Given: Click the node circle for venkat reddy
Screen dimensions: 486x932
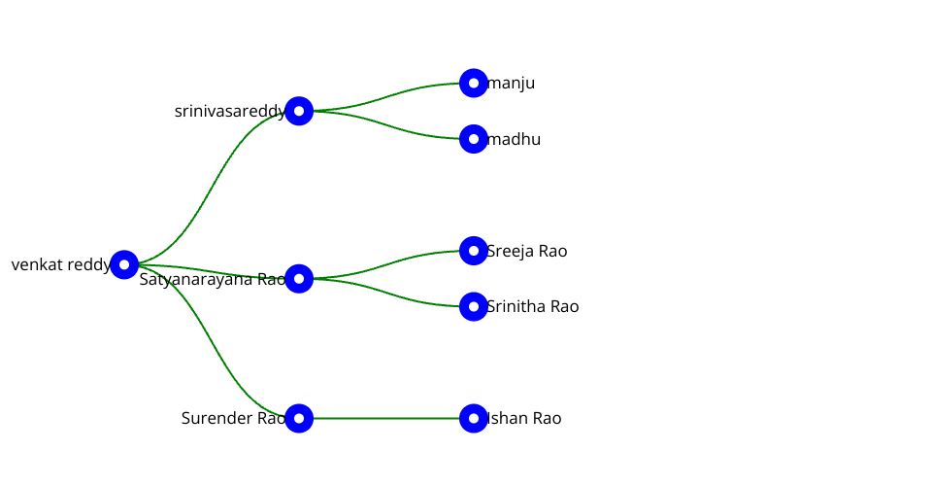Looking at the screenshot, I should click(x=124, y=264).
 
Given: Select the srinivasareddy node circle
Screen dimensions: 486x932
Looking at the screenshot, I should click(x=299, y=111).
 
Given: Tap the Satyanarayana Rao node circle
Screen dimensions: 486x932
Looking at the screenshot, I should click(x=299, y=279).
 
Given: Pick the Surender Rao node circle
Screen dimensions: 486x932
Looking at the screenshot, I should click(x=299, y=418).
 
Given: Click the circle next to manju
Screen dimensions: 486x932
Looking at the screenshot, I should click(x=473, y=84).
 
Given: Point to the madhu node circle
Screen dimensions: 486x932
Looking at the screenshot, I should click(x=473, y=139).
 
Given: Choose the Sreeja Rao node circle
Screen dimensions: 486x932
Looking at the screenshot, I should click(x=473, y=251).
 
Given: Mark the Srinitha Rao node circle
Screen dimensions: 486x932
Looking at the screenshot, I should click(x=473, y=306).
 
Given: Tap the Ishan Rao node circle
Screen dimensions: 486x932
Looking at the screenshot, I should click(x=473, y=418).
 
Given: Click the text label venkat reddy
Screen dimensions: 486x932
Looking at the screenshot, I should click(x=60, y=264).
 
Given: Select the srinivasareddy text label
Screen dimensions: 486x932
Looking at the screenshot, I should click(x=229, y=112).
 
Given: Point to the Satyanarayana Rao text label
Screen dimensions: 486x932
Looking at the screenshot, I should click(x=212, y=280).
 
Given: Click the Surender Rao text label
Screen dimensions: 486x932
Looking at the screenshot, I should click(x=233, y=418).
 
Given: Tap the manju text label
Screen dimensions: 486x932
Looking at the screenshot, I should click(x=512, y=84).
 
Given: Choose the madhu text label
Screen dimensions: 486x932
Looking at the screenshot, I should click(x=515, y=139).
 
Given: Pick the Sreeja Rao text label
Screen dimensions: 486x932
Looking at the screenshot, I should click(x=527, y=251).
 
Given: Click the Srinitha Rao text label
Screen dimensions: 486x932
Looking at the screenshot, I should click(x=533, y=306).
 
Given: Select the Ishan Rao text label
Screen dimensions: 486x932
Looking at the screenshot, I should click(x=524, y=418).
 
